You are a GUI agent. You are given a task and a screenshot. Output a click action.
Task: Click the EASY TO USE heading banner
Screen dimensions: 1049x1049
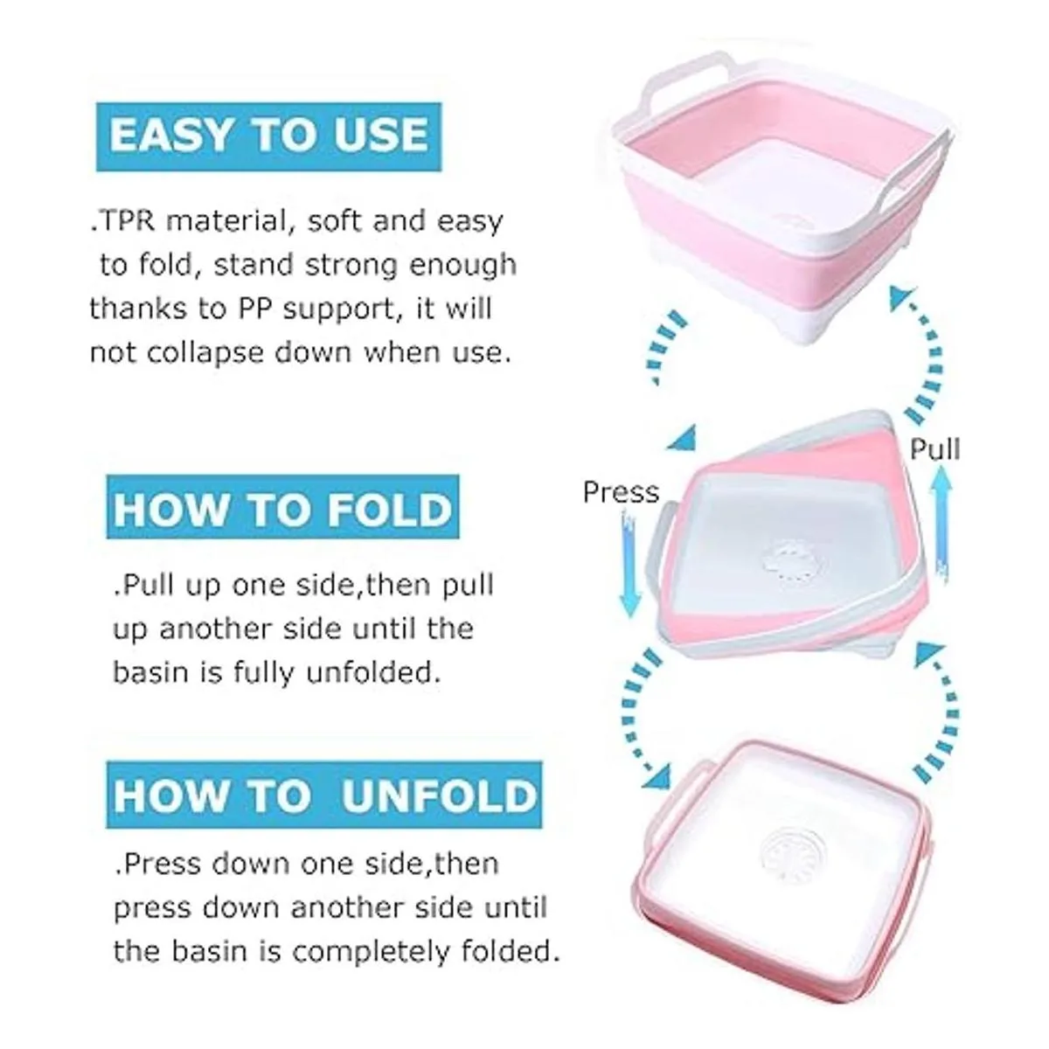click(x=269, y=136)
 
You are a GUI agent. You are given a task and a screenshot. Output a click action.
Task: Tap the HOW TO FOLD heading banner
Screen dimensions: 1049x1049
click(x=282, y=507)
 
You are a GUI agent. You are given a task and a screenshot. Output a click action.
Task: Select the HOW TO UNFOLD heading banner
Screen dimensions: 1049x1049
click(x=324, y=795)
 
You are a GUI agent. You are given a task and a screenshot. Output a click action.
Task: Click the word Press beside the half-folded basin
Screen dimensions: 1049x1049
click(x=621, y=492)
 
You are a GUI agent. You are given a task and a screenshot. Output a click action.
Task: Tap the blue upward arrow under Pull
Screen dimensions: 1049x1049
click(x=941, y=523)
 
